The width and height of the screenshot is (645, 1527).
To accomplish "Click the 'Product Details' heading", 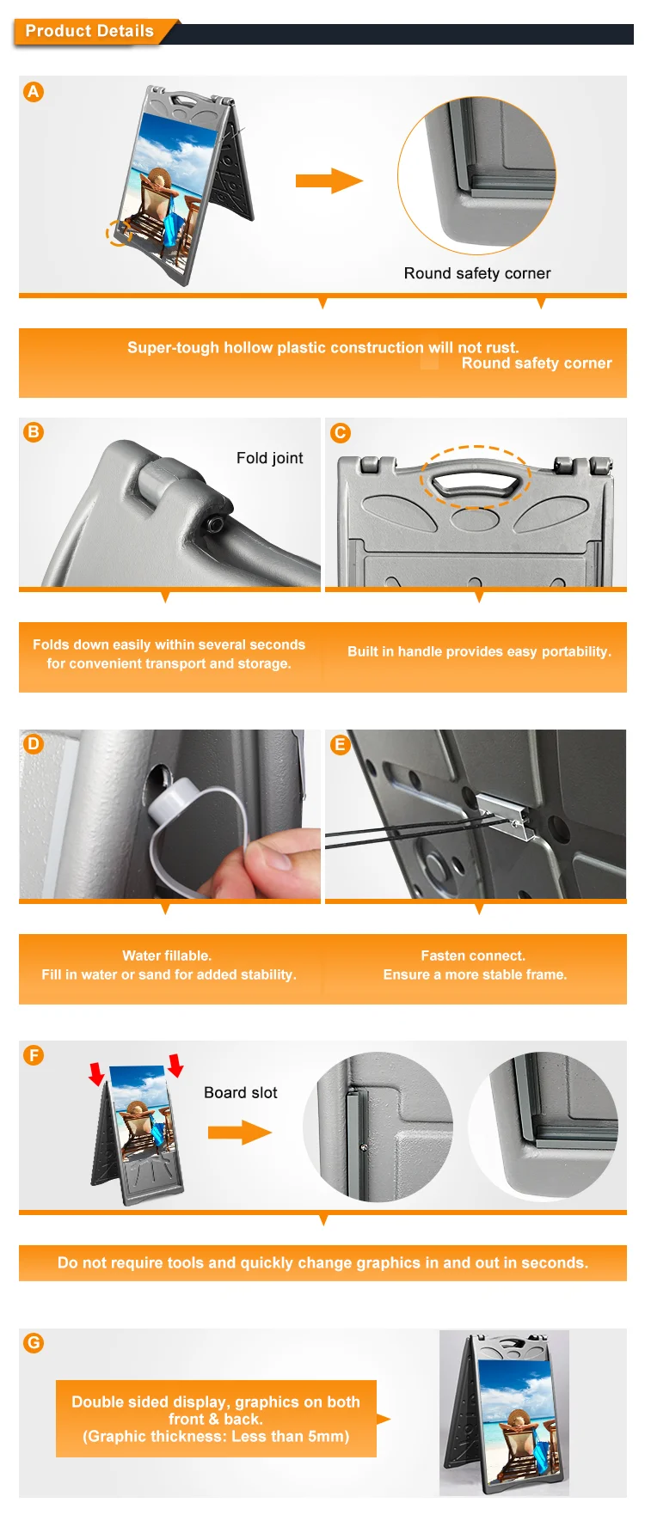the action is coord(89,31).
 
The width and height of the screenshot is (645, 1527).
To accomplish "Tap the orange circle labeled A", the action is coord(34,92).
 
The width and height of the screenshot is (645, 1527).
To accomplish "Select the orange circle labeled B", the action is coord(34,431).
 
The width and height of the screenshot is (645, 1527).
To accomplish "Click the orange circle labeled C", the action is coord(341,432).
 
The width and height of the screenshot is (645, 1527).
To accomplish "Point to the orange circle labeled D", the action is coord(34,743).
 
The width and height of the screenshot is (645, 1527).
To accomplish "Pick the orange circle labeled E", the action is coord(341,744).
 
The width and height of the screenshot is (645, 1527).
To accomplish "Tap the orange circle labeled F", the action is coord(34,1054).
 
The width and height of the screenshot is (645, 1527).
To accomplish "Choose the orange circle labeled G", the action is coord(34,1342).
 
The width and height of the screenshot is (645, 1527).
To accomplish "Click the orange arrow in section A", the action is coord(329,180).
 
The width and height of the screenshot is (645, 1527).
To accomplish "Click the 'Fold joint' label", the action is coord(270,458).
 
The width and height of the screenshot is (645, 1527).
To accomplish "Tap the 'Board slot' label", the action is coord(241,1092).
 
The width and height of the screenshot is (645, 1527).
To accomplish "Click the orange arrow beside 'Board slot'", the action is coord(240,1133).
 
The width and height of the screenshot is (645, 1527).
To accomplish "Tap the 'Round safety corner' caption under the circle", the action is coord(477,273).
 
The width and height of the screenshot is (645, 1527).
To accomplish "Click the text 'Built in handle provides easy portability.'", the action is coord(479,651).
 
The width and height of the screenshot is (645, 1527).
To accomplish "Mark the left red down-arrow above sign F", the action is coord(96,1072).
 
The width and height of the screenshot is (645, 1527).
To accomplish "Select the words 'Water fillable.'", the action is coord(167,956).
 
